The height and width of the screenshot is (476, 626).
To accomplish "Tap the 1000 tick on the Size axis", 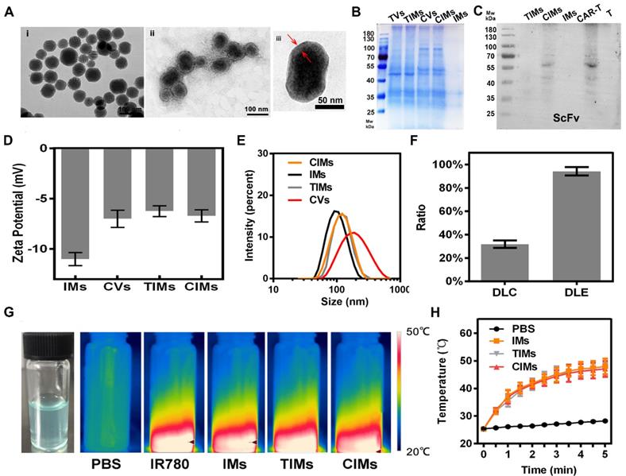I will [x=399, y=291].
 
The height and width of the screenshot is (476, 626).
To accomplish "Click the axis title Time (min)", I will [x=544, y=469].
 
